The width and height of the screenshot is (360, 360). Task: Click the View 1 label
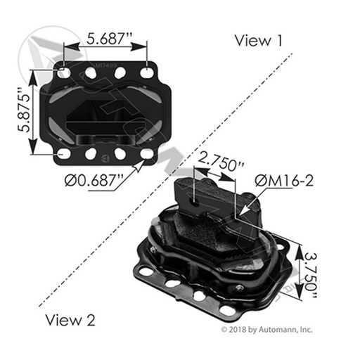(262, 40)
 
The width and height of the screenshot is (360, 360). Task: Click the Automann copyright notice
(268, 328)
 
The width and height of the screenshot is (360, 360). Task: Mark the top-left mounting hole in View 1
(65, 72)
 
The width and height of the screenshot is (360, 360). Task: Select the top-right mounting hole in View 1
(147, 72)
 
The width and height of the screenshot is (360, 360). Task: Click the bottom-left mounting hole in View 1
(65, 153)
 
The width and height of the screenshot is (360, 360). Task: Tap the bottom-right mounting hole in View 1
(147, 153)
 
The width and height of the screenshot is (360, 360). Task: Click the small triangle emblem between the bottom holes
(105, 157)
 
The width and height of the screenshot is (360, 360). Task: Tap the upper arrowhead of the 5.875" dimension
(32, 73)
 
